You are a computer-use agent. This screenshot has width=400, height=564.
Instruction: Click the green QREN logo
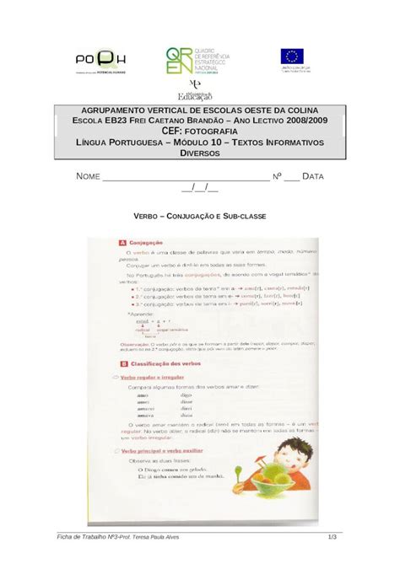(180, 60)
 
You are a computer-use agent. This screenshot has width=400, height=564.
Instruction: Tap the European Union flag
(293, 57)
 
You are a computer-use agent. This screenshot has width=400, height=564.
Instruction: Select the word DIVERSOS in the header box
(199, 154)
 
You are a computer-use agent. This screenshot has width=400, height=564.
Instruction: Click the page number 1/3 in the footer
(332, 537)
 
